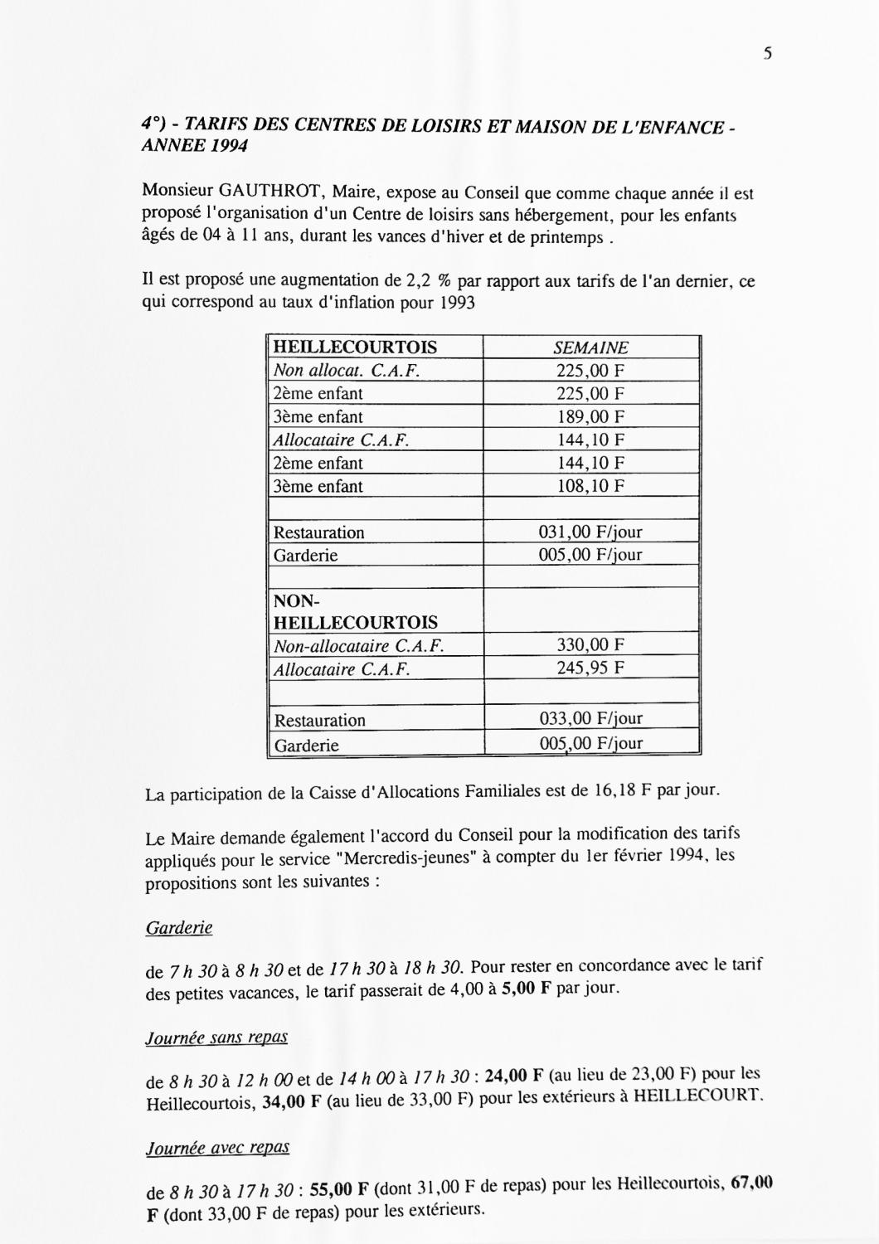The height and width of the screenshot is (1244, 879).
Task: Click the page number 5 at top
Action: (x=767, y=54)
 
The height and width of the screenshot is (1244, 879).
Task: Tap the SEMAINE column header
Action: (x=590, y=348)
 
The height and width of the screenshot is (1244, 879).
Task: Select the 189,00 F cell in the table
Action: (x=590, y=416)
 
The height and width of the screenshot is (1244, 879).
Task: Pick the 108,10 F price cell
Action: (x=590, y=486)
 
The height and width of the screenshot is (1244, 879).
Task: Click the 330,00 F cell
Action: (x=590, y=645)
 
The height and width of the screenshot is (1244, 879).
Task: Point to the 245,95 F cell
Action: (x=590, y=668)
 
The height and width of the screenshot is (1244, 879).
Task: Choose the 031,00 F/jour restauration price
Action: (x=590, y=532)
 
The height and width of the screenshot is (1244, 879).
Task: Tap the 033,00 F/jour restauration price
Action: (x=590, y=719)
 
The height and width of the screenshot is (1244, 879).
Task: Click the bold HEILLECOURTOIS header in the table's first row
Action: (x=355, y=347)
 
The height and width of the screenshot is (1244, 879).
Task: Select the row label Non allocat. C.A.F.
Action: (x=347, y=371)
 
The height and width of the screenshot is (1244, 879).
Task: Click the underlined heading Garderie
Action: (x=179, y=928)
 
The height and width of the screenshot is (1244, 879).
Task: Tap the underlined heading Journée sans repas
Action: (x=216, y=1037)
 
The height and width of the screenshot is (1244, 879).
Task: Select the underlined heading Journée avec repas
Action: (x=217, y=1148)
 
